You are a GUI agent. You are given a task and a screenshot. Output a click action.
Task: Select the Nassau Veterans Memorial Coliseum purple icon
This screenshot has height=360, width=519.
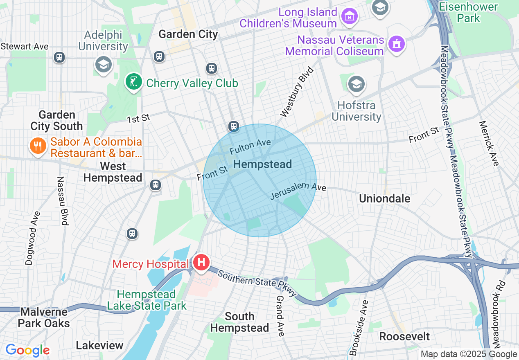pos(397,43)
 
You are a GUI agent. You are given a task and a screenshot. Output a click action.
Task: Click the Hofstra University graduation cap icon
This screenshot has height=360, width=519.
pos(356,85)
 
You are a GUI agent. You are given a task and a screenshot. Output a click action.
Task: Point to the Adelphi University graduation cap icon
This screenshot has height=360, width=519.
pos(103,65)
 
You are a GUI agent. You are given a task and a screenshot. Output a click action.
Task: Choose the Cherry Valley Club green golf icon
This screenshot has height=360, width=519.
pos(133,82)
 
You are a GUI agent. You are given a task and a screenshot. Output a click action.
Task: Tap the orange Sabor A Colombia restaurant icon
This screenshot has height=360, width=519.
pos(38,146)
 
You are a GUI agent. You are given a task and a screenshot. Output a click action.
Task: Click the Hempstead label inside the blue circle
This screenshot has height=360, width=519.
pos(262,164)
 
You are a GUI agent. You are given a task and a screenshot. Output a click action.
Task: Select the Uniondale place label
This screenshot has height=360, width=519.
pos(384,198)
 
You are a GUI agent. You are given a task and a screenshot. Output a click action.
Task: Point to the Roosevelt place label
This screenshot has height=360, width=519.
pos(404,336)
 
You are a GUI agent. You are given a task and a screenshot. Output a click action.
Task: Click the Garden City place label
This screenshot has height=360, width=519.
pos(188,34)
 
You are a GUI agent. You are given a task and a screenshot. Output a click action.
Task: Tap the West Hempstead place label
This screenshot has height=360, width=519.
pos(113,172)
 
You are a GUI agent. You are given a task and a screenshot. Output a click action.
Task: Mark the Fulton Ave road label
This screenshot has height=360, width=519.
pos(250,146)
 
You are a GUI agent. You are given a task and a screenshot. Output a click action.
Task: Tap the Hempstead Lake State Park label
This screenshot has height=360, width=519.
pos(147,300)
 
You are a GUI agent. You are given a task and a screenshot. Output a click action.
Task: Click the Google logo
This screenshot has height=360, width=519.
pos(27,350)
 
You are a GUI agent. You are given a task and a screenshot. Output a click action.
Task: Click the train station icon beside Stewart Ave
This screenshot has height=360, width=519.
pos(59,57)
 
